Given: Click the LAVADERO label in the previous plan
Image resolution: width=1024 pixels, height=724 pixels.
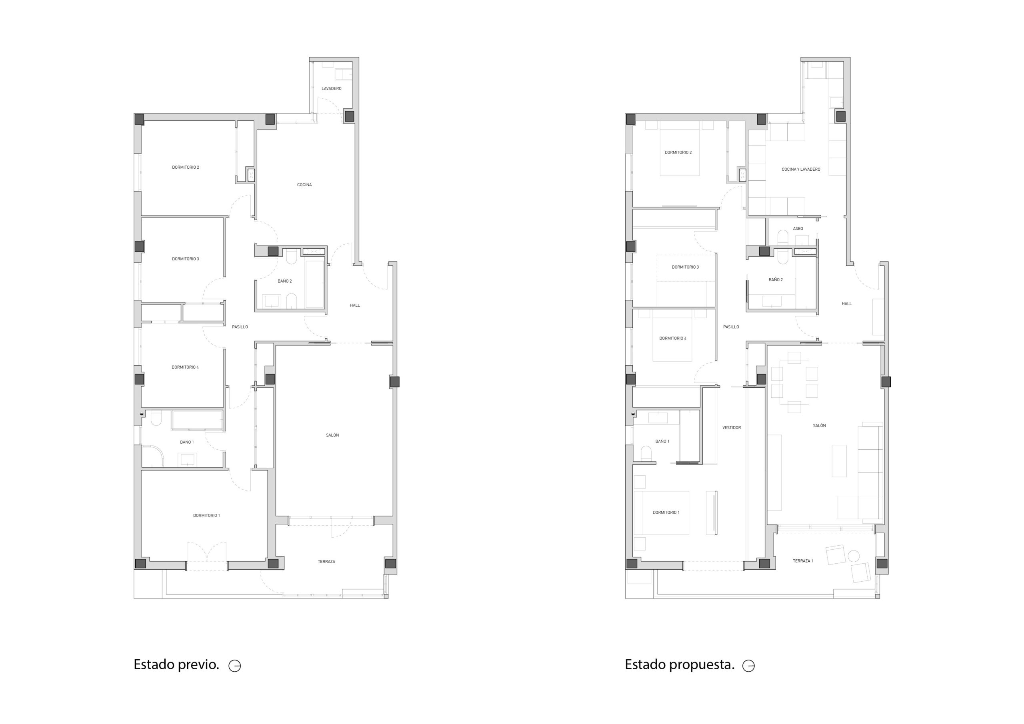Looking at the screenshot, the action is click(331, 89).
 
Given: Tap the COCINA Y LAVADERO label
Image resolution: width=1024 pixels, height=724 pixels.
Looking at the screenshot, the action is click(801, 170).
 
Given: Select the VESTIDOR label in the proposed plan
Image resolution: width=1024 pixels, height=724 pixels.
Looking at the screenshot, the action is click(732, 427).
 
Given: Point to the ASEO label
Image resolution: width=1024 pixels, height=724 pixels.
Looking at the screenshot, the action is click(798, 229).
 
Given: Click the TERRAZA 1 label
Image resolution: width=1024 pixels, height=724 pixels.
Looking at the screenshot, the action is click(803, 561).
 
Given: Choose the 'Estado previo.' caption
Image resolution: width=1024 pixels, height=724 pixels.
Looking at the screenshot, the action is click(176, 664).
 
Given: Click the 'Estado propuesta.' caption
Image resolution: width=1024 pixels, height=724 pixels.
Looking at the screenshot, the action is click(679, 664).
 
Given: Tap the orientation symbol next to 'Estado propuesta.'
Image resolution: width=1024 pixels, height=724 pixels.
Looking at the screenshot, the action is click(748, 666).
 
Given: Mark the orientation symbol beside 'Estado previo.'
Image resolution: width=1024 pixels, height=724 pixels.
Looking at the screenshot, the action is click(234, 666).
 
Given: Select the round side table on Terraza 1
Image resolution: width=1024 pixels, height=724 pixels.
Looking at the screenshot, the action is click(853, 556).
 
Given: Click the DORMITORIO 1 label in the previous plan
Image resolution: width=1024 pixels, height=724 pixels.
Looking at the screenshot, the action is click(206, 515).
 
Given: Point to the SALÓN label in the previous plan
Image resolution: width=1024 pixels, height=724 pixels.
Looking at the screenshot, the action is click(332, 435).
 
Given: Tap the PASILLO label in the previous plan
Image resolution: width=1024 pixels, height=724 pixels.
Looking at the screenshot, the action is click(240, 327).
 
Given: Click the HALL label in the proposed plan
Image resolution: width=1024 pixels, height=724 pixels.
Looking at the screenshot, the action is click(846, 303).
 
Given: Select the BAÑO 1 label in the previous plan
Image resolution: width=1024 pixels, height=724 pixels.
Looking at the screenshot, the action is click(187, 442).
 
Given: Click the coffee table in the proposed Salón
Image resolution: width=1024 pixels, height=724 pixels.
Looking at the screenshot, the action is click(839, 461).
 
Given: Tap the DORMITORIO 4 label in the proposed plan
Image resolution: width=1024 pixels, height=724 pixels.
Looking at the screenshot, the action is click(673, 338).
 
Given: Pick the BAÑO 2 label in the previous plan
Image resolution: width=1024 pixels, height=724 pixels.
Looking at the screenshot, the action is click(284, 281).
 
